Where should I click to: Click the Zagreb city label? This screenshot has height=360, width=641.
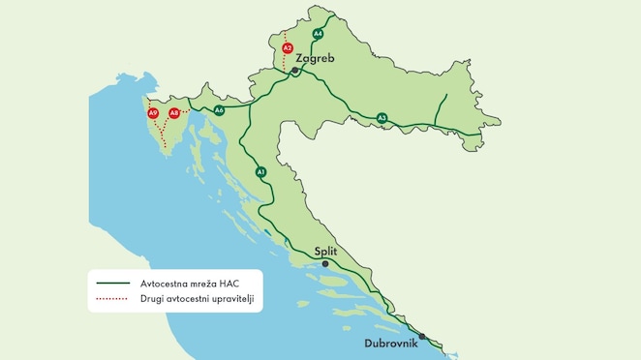tap(315, 59)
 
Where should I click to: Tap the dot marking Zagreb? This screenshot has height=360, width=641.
tap(295, 70)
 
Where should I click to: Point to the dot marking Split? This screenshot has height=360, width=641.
tap(325, 263)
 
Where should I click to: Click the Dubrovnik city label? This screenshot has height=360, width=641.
tap(390, 344)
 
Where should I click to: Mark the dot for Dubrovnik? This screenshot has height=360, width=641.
tap(422, 336)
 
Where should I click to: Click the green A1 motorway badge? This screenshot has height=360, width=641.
tap(260, 171)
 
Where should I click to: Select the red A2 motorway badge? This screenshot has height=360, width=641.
tap(287, 47)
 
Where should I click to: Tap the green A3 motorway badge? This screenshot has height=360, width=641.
tap(382, 118)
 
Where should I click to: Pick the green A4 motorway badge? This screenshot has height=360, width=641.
tap(318, 34)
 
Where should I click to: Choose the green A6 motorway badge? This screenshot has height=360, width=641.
tap(220, 110)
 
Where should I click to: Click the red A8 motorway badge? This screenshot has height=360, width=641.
tap(174, 113)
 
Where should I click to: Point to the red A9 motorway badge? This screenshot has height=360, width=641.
tap(153, 113)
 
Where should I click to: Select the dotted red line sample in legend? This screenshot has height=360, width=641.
tap(114, 299)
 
